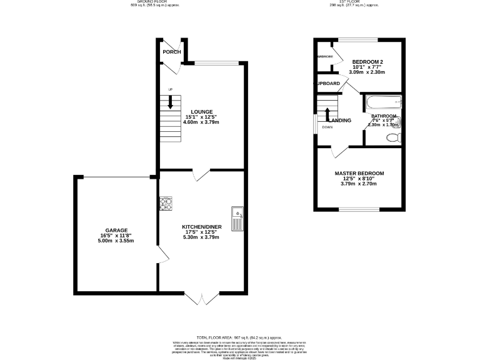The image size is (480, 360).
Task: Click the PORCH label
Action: [172, 52]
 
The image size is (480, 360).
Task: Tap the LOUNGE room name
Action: [201, 112]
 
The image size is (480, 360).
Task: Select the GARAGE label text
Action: [116, 230]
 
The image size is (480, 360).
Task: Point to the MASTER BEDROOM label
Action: [359, 173]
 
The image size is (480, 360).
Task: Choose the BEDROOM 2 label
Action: [367, 61]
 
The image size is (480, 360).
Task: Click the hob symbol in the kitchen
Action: [166, 203]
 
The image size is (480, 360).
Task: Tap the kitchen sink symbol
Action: [237, 219]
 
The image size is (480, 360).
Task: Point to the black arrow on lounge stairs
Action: [170, 104]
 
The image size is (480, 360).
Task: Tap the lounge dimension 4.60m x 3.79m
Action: [201, 122]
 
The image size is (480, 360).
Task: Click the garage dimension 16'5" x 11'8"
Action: [116, 236]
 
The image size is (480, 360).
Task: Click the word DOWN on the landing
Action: [327, 127]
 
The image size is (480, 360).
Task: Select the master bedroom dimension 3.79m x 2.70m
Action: [359, 184]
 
